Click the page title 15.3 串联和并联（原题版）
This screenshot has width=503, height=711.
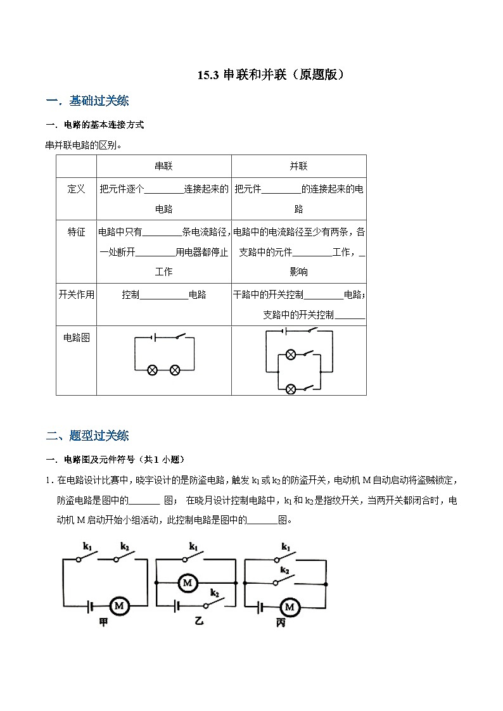point(272,75)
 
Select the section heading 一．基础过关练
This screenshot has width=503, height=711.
point(88,101)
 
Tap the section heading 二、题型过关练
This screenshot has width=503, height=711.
point(88,436)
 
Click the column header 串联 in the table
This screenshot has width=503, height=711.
point(163,166)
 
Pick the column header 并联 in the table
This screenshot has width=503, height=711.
point(298,166)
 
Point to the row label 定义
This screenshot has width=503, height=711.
point(76,189)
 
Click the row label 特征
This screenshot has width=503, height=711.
point(76,232)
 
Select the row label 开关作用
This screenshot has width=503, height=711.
point(76,294)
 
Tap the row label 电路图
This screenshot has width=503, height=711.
point(76,337)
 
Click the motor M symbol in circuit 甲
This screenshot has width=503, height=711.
point(119,607)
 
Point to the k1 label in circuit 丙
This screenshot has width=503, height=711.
point(286,546)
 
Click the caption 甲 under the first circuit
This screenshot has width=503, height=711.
point(103,623)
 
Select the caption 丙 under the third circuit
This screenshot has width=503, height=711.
point(281,623)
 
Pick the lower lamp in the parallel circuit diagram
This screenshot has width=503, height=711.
point(291,388)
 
